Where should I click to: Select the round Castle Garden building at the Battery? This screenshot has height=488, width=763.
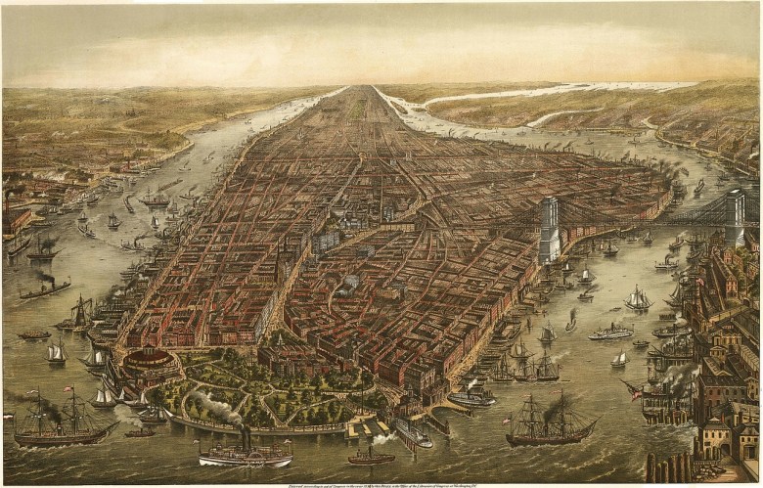pos(150,361)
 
